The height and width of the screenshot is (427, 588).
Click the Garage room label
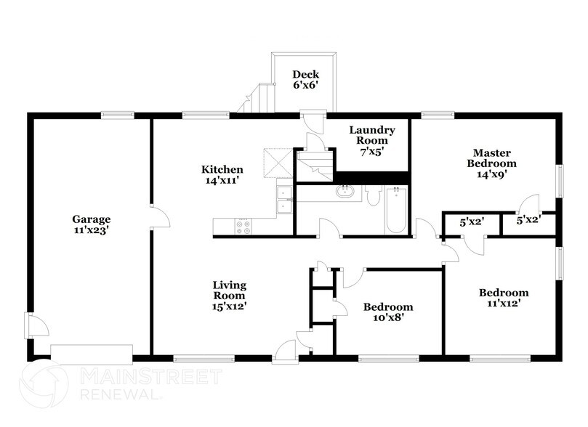tap(91, 219)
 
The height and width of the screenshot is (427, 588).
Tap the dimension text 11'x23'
tap(91, 230)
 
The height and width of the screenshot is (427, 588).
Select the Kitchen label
tap(222, 169)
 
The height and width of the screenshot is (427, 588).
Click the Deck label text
tap(305, 74)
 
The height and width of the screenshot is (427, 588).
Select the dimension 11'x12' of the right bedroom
tap(503, 304)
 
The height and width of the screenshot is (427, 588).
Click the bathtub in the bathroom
tap(395, 211)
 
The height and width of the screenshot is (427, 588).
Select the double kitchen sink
tap(284, 200)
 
